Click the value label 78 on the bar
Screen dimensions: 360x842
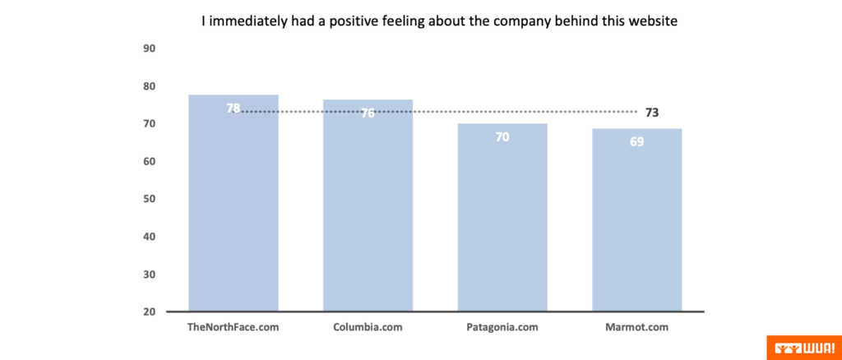tap(234, 108)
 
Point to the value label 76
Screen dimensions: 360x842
tap(368, 113)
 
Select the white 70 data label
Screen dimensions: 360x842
tap(502, 136)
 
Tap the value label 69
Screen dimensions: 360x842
tap(637, 141)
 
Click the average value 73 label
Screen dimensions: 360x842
tap(652, 113)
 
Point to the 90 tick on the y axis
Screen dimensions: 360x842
tap(150, 48)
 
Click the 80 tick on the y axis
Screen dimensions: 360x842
tap(150, 86)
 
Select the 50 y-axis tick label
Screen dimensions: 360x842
tap(150, 199)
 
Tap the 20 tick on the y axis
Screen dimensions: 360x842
tap(150, 312)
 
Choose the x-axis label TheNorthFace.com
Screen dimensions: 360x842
tap(234, 327)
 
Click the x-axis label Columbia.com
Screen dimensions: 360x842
tap(368, 327)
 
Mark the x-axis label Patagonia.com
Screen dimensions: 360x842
tap(502, 327)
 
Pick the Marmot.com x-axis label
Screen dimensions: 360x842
tap(637, 327)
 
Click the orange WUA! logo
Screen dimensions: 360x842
tap(803, 347)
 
